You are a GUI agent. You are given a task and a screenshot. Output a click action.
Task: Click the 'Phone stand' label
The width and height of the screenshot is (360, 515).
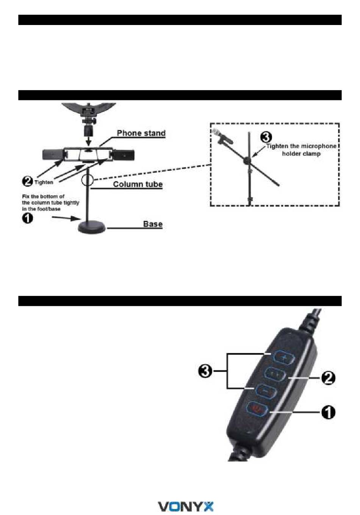(141, 133)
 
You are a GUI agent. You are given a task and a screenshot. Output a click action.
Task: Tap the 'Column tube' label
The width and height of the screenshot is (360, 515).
(138, 184)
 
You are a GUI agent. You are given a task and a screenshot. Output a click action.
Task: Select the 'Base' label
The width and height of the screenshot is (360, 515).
(153, 224)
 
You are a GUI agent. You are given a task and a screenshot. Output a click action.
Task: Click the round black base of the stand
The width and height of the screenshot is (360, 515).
(92, 228)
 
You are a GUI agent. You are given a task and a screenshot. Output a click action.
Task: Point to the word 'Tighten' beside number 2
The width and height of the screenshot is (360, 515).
(44, 182)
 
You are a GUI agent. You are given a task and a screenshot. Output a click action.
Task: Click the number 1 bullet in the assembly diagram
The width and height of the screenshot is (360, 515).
(27, 218)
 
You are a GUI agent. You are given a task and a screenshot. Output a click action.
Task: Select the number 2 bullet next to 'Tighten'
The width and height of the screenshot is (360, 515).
(28, 181)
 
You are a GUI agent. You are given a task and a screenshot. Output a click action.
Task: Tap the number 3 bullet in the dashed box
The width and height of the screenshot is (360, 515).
(266, 138)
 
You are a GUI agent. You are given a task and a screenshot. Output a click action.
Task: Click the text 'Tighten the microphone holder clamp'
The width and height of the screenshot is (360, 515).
(301, 150)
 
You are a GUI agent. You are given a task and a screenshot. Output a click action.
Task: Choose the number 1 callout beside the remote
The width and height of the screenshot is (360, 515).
(328, 412)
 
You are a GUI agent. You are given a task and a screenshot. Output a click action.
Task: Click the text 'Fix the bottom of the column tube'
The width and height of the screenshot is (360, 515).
(50, 200)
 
